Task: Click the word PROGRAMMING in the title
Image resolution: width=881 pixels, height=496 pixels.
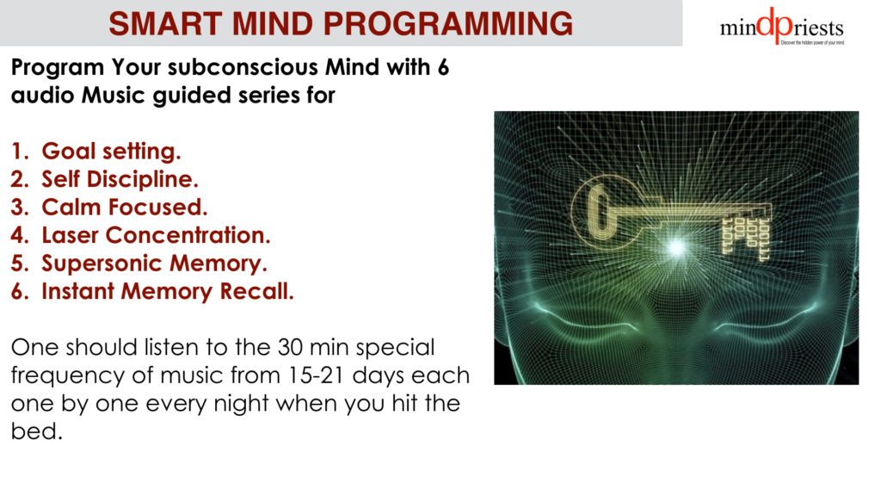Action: click(x=447, y=24)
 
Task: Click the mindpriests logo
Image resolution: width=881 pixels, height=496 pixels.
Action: click(x=781, y=26)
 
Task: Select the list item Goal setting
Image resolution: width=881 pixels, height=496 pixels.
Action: click(x=111, y=152)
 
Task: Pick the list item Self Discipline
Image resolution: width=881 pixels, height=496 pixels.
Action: click(x=120, y=179)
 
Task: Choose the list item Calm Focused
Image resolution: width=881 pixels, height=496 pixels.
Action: click(x=124, y=207)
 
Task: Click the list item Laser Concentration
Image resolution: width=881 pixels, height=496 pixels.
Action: click(x=156, y=235)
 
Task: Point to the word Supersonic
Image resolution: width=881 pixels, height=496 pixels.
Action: click(x=102, y=263)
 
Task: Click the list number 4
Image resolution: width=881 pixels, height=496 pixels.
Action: click(x=19, y=235)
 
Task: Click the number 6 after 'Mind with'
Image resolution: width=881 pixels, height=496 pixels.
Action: click(x=443, y=67)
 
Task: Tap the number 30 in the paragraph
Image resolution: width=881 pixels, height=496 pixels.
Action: click(x=291, y=348)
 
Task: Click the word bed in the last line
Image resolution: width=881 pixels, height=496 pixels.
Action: click(x=36, y=431)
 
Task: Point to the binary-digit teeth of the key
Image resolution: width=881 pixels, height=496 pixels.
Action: click(x=746, y=239)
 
